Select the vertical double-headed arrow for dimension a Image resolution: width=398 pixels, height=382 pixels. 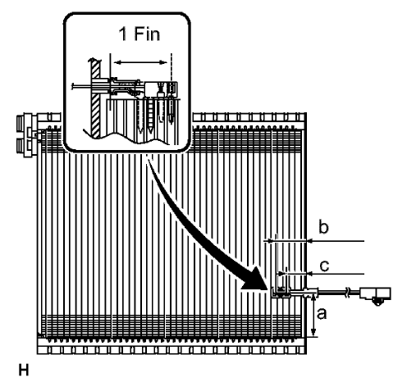(314, 316)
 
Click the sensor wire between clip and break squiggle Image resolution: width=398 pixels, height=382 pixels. (328, 292)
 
